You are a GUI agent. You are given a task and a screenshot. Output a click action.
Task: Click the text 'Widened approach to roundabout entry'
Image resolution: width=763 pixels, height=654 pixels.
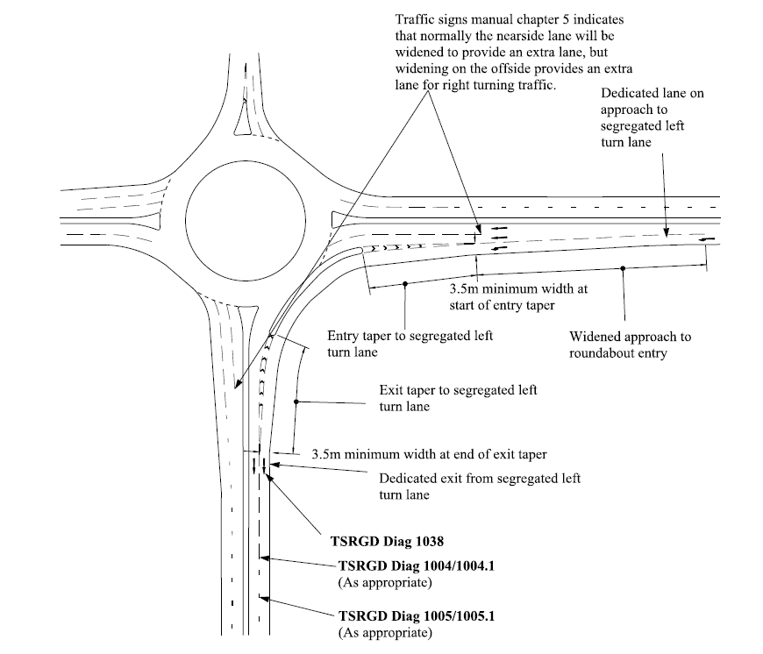click(x=630, y=345)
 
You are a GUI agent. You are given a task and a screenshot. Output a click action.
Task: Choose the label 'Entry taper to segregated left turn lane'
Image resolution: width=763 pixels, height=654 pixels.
click(x=410, y=344)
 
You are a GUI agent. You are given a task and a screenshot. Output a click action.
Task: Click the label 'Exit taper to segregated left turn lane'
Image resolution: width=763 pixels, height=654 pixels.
click(x=457, y=398)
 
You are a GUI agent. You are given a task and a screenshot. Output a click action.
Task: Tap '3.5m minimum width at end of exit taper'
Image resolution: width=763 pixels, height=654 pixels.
click(x=430, y=454)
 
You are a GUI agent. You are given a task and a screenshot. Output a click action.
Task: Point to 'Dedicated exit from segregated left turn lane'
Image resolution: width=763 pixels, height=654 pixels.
click(x=479, y=487)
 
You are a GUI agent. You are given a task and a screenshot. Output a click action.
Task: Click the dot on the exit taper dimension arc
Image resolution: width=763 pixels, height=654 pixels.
click(x=296, y=402)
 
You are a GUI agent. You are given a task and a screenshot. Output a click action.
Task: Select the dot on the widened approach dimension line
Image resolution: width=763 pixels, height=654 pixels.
click(x=623, y=268)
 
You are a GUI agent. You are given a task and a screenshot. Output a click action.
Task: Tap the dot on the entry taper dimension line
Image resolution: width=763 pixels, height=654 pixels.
click(x=405, y=283)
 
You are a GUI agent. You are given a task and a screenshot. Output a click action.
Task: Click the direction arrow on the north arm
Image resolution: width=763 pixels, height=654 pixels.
click(x=246, y=72)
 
